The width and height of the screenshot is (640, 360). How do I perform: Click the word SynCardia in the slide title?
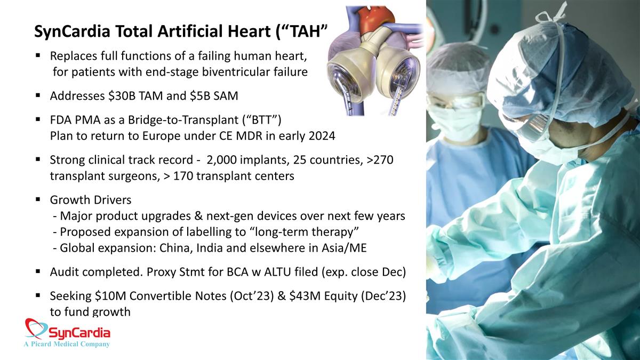coord(72,31)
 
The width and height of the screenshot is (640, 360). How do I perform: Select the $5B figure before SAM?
coord(199,95)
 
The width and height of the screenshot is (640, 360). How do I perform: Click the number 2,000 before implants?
coord(221,160)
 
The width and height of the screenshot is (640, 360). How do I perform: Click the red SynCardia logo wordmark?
coord(79,333)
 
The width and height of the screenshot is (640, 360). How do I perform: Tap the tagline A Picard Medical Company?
coord(67,344)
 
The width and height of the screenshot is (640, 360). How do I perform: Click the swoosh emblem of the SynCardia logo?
coord(36,328)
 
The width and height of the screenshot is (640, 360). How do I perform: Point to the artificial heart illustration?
coord(375,61)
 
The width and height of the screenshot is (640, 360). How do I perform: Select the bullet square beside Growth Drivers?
coord(38,199)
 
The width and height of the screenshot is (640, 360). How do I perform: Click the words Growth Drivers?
coord(91,200)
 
